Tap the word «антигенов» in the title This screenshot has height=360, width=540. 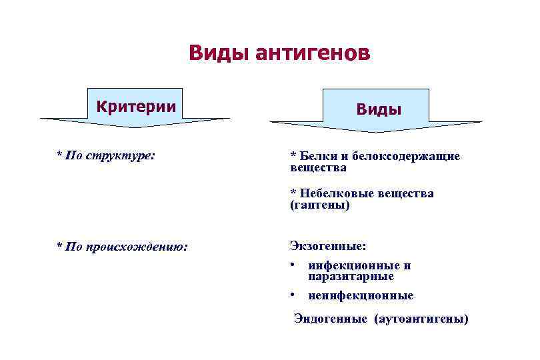coord(312,53)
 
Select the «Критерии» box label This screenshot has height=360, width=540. coord(136,106)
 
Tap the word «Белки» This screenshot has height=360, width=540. coord(317,156)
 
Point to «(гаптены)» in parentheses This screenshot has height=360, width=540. coord(319,205)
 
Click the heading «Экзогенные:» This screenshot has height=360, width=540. coord(327,246)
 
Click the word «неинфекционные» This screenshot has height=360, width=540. coord(361,295)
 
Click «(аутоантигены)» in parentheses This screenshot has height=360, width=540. coord(423,319)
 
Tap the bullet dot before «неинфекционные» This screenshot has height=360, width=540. coord(293,295)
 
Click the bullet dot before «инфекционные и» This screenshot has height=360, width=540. coord(293,265)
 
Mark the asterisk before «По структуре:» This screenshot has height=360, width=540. coord(59,155)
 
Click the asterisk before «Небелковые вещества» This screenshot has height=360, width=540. coord(293,193)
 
